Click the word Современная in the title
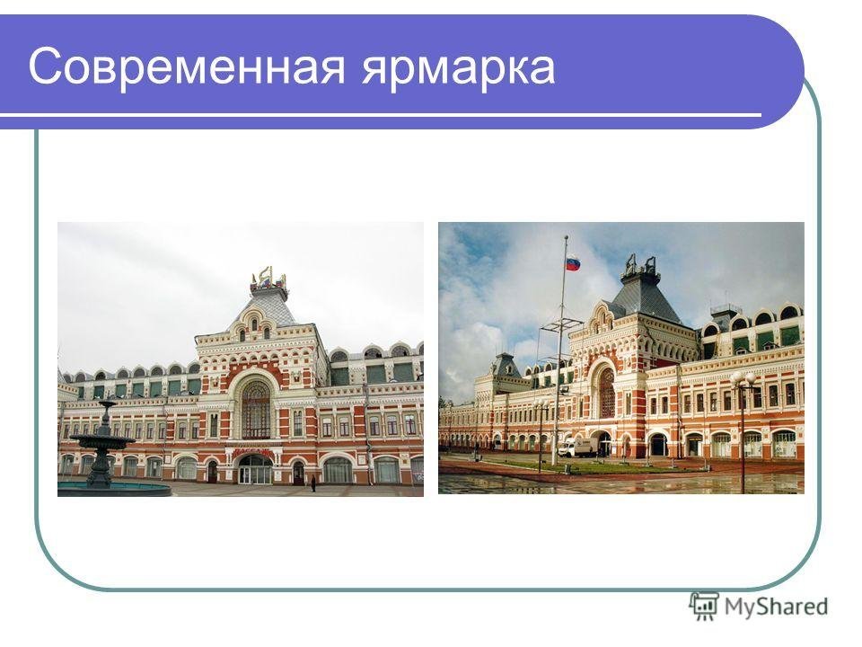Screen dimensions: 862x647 tap(187, 66)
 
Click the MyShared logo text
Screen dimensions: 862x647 tap(776, 607)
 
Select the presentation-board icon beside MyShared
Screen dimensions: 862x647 tap(704, 606)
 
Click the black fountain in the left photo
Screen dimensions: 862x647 tap(101, 446)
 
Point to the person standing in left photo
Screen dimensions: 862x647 tap(313, 483)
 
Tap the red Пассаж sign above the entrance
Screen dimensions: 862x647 tap(253, 452)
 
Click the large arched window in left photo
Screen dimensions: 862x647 tap(256, 408)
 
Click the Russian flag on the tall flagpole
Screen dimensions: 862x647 tap(573, 262)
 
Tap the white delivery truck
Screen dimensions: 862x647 tap(577, 448)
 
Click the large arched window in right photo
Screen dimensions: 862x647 tap(607, 393)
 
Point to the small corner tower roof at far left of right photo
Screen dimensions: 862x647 tap(506, 365)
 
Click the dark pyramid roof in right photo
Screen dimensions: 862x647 tap(647, 297)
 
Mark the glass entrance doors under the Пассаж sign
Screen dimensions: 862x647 tap(254, 472)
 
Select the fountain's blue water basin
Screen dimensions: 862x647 tap(114, 489)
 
